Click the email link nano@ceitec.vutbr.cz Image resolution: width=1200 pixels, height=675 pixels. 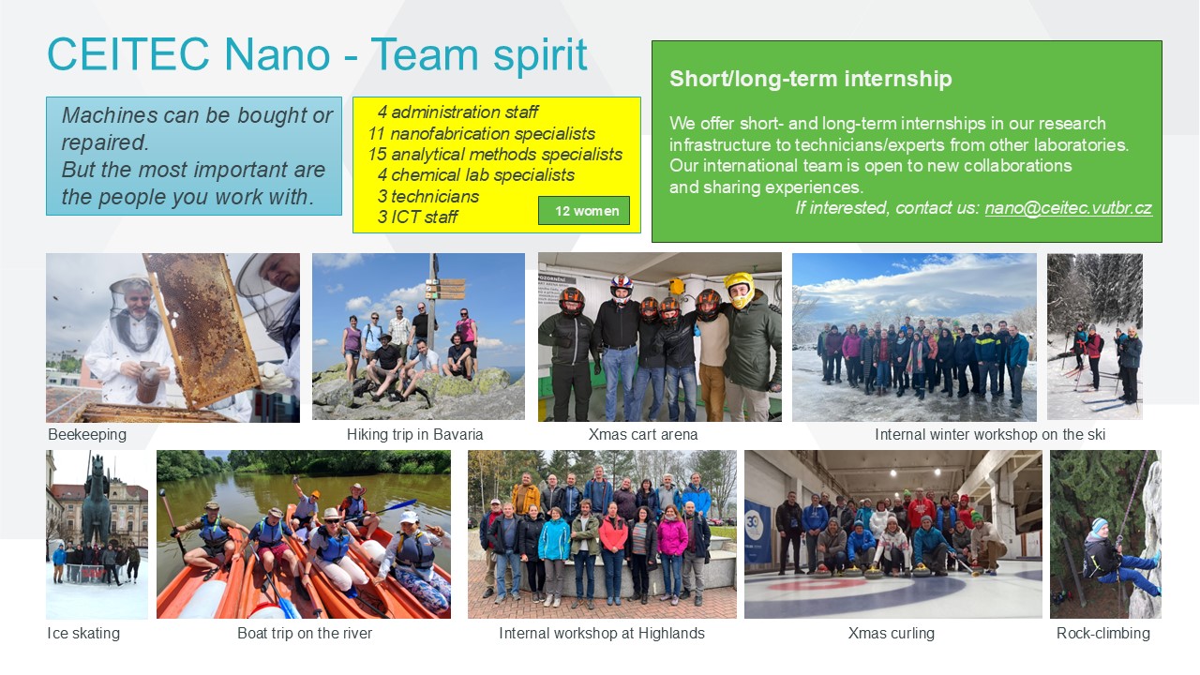[1068, 208]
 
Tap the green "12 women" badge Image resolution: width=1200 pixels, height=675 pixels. [584, 211]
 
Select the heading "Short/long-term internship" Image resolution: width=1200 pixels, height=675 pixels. [811, 79]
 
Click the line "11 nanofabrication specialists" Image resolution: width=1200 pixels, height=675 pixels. [481, 133]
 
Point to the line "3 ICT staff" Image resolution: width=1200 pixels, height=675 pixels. [417, 217]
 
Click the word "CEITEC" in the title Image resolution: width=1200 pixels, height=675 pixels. [128, 54]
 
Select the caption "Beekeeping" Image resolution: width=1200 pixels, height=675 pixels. [87, 434]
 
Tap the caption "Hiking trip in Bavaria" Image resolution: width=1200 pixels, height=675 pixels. [414, 434]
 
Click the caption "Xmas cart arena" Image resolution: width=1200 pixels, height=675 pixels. [643, 434]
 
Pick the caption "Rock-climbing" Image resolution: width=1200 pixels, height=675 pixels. [1103, 633]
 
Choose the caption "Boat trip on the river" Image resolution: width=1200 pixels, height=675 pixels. [305, 633]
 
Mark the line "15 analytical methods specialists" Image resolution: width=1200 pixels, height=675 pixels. [494, 155]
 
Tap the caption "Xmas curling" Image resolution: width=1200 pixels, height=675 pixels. [891, 633]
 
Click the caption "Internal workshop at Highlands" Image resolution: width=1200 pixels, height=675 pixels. [602, 633]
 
